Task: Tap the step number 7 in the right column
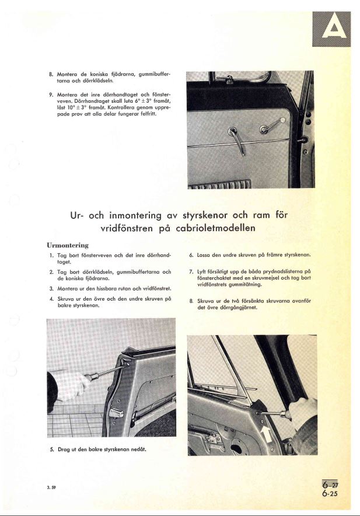pyautogui.click(x=191, y=272)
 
